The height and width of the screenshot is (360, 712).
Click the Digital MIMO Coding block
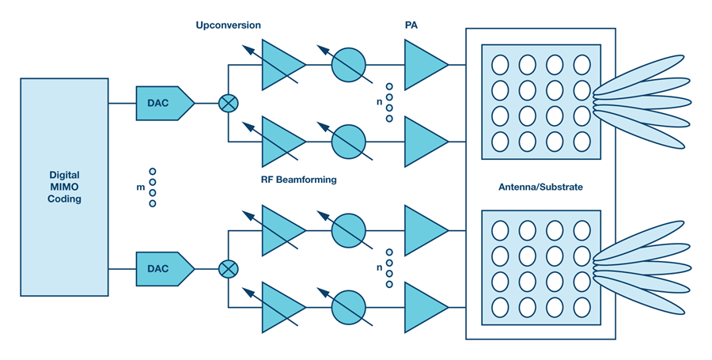click(64, 187)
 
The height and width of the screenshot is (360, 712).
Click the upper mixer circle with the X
click(228, 103)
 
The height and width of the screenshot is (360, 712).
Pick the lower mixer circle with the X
click(228, 269)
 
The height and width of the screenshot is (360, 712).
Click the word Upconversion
click(228, 25)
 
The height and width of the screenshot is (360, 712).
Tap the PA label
click(411, 25)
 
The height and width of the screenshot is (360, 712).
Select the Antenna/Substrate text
click(540, 187)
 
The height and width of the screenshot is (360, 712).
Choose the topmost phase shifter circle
click(348, 65)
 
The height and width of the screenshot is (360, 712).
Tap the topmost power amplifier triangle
click(424, 65)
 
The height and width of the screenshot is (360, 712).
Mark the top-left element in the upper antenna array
click(500, 64)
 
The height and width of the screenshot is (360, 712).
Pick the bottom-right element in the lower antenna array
click(581, 307)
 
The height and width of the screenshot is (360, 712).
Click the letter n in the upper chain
click(378, 102)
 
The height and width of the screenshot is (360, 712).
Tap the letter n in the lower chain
click(378, 268)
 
